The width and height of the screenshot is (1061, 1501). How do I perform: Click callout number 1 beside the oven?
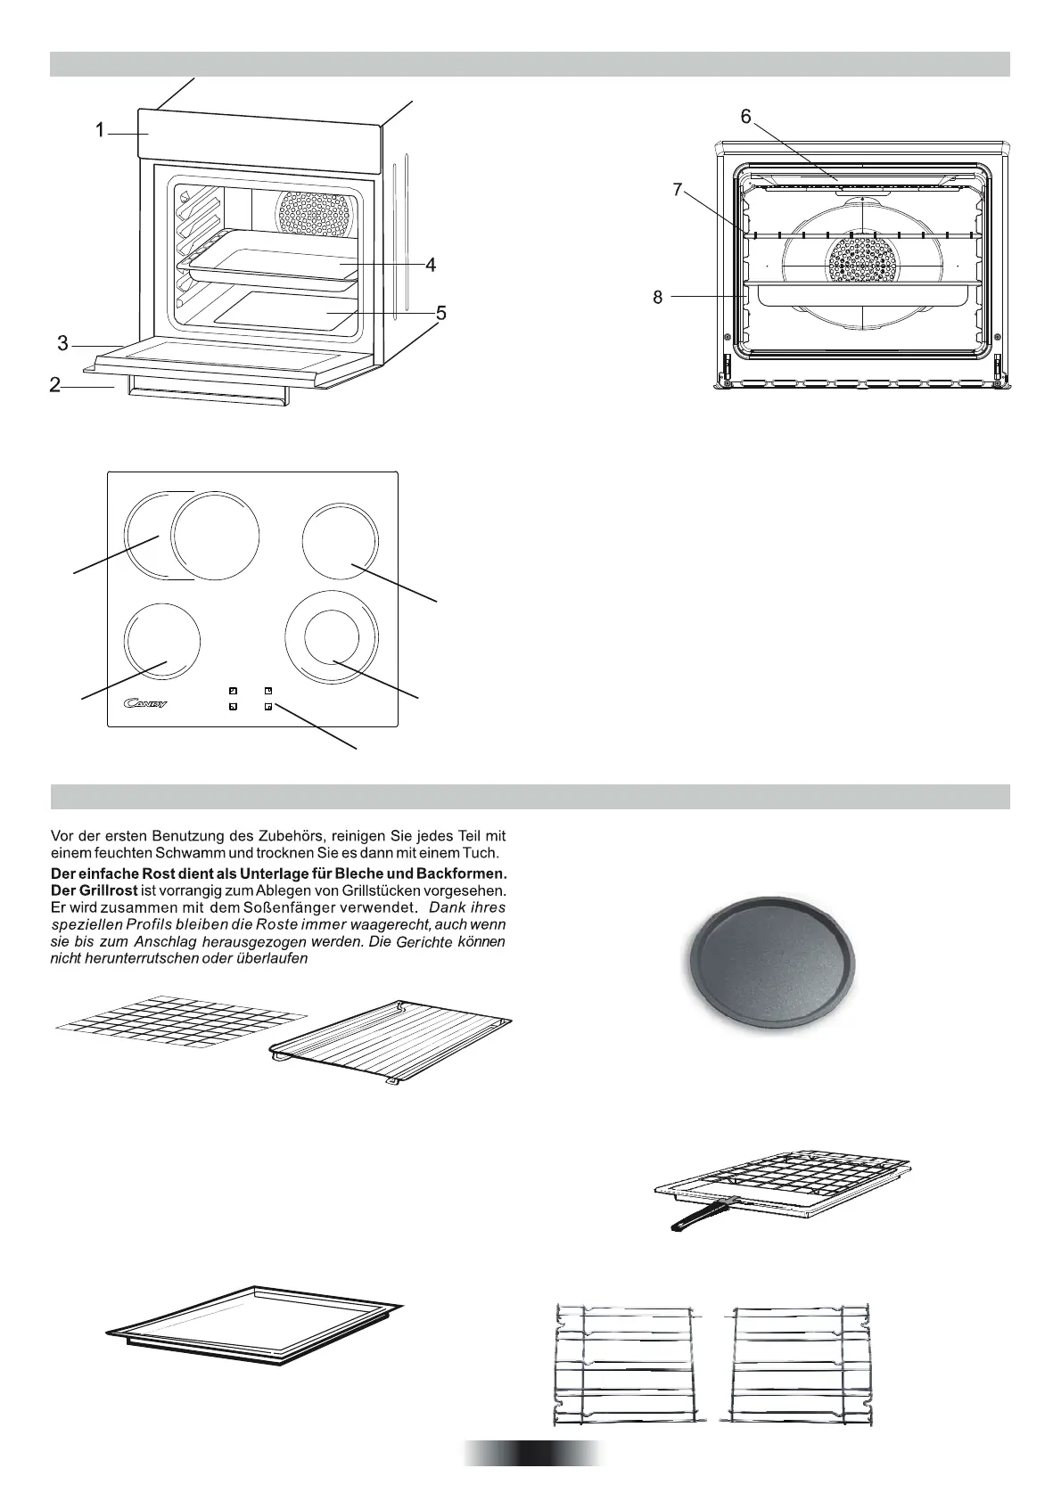click(x=101, y=131)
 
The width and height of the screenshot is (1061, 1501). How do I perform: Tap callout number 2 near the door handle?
click(x=55, y=385)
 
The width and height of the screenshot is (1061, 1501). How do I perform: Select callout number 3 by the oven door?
click(x=62, y=343)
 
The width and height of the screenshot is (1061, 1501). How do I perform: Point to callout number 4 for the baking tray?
click(x=431, y=265)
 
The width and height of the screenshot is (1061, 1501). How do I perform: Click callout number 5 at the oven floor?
click(x=440, y=313)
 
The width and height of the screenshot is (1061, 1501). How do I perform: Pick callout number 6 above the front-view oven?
click(x=745, y=117)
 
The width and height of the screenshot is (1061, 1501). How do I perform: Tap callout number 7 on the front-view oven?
click(x=678, y=190)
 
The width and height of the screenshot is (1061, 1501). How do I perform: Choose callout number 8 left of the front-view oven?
click(x=658, y=298)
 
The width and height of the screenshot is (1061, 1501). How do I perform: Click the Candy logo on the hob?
click(x=145, y=704)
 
